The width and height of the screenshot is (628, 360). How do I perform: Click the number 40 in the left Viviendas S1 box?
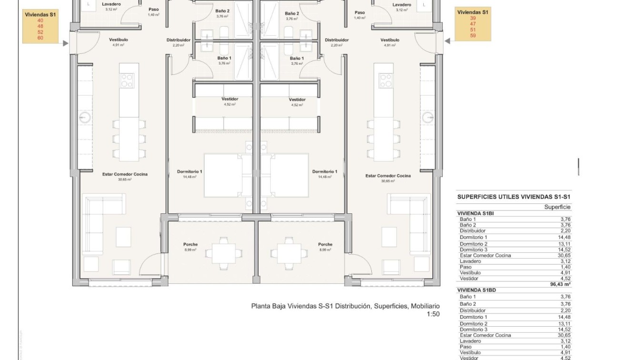tap(40, 20)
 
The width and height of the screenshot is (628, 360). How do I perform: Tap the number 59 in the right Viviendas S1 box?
tap(473, 35)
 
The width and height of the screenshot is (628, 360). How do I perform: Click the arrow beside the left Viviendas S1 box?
tap(65, 43)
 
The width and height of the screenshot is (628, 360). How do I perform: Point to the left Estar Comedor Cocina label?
tap(125, 174)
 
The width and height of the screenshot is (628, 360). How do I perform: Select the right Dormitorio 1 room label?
tap(325, 171)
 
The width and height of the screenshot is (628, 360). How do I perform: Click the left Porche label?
tap(190, 244)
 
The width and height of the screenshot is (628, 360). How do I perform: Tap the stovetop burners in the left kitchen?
tap(127, 80)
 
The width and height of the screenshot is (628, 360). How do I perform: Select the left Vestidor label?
tap(230, 99)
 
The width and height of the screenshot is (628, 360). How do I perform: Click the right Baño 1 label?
tap(297, 58)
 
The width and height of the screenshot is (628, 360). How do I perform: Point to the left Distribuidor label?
tap(179, 40)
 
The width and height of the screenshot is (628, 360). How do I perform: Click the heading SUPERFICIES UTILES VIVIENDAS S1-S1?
tap(514, 197)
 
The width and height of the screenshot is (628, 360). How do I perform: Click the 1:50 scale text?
tap(433, 314)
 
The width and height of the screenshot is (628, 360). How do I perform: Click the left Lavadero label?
tap(111, 4)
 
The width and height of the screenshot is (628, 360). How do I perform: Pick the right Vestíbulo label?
tap(390, 40)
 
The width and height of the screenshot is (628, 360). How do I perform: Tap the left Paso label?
tap(153, 9)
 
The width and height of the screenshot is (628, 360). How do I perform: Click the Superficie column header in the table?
tap(557, 207)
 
